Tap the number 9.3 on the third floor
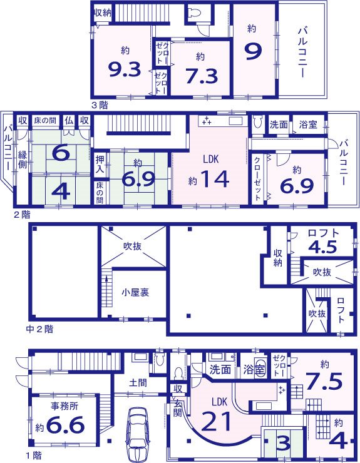[x=125, y=70]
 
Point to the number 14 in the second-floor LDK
[x=214, y=180]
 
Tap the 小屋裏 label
[x=135, y=292]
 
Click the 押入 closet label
[x=100, y=161]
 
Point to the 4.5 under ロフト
[x=323, y=246]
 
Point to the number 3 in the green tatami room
[x=283, y=443]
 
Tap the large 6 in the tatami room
[x=60, y=152]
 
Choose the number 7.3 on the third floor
[x=200, y=75]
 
